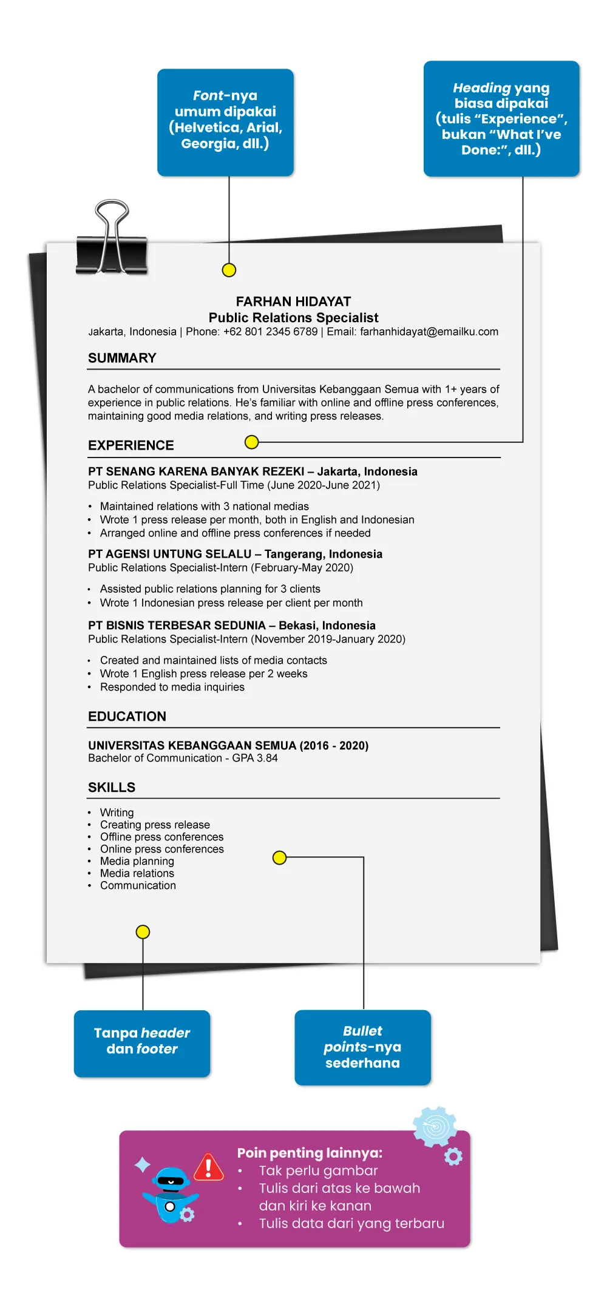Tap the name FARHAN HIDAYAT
point(293,302)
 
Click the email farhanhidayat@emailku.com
point(429,332)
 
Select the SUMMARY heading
point(122,358)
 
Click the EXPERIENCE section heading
point(131,445)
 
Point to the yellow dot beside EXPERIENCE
point(251,442)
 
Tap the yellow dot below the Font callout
point(229,270)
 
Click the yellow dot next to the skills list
point(279,857)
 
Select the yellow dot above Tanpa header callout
point(143,931)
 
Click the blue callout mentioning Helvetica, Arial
point(225,122)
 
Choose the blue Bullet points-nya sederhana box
point(362,1047)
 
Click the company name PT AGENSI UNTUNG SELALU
point(169,554)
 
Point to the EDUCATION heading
point(127,717)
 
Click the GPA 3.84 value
point(255,758)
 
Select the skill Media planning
point(137,861)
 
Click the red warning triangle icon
point(209,1167)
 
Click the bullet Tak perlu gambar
point(318,1170)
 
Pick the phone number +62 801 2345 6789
point(270,332)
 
